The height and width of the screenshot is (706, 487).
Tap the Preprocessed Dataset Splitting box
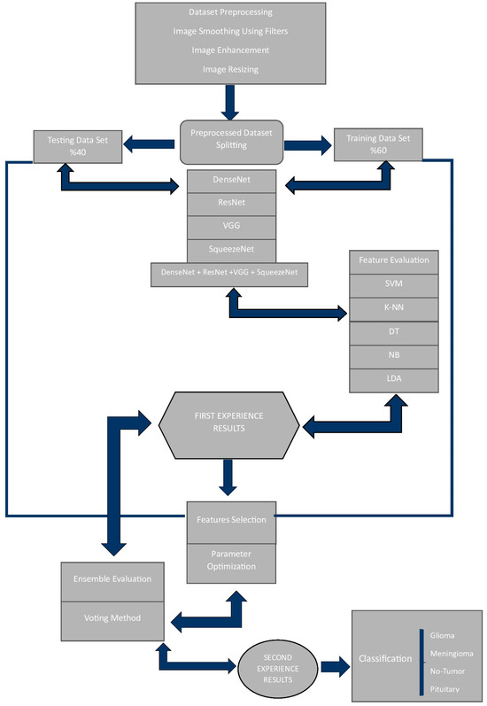coord(231,140)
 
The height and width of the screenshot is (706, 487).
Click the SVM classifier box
coord(394,285)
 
